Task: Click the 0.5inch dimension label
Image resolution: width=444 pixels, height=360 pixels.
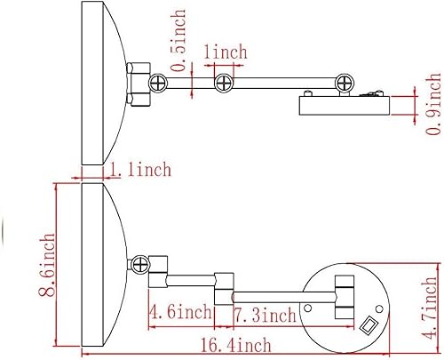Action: [178, 41]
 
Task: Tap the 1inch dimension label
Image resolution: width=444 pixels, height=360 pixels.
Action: [226, 52]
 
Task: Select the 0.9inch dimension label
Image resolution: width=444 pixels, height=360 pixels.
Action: [433, 104]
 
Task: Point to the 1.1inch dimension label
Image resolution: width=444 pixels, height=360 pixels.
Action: [140, 170]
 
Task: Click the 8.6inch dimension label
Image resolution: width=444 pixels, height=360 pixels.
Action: [47, 265]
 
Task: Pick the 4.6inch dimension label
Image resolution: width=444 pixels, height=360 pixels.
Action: [180, 312]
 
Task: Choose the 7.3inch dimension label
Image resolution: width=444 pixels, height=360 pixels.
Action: [265, 315]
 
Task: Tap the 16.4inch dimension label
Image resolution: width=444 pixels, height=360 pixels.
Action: [236, 346]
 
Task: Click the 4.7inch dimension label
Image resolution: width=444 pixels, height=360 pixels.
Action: [429, 308]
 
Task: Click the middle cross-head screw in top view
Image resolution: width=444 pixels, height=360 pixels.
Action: [224, 84]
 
